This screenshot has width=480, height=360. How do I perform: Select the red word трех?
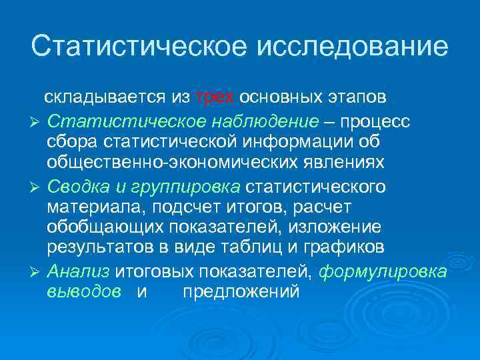coord(215,97)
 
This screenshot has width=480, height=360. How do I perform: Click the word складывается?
coord(106,97)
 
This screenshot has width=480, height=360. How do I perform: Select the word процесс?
coord(377,123)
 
